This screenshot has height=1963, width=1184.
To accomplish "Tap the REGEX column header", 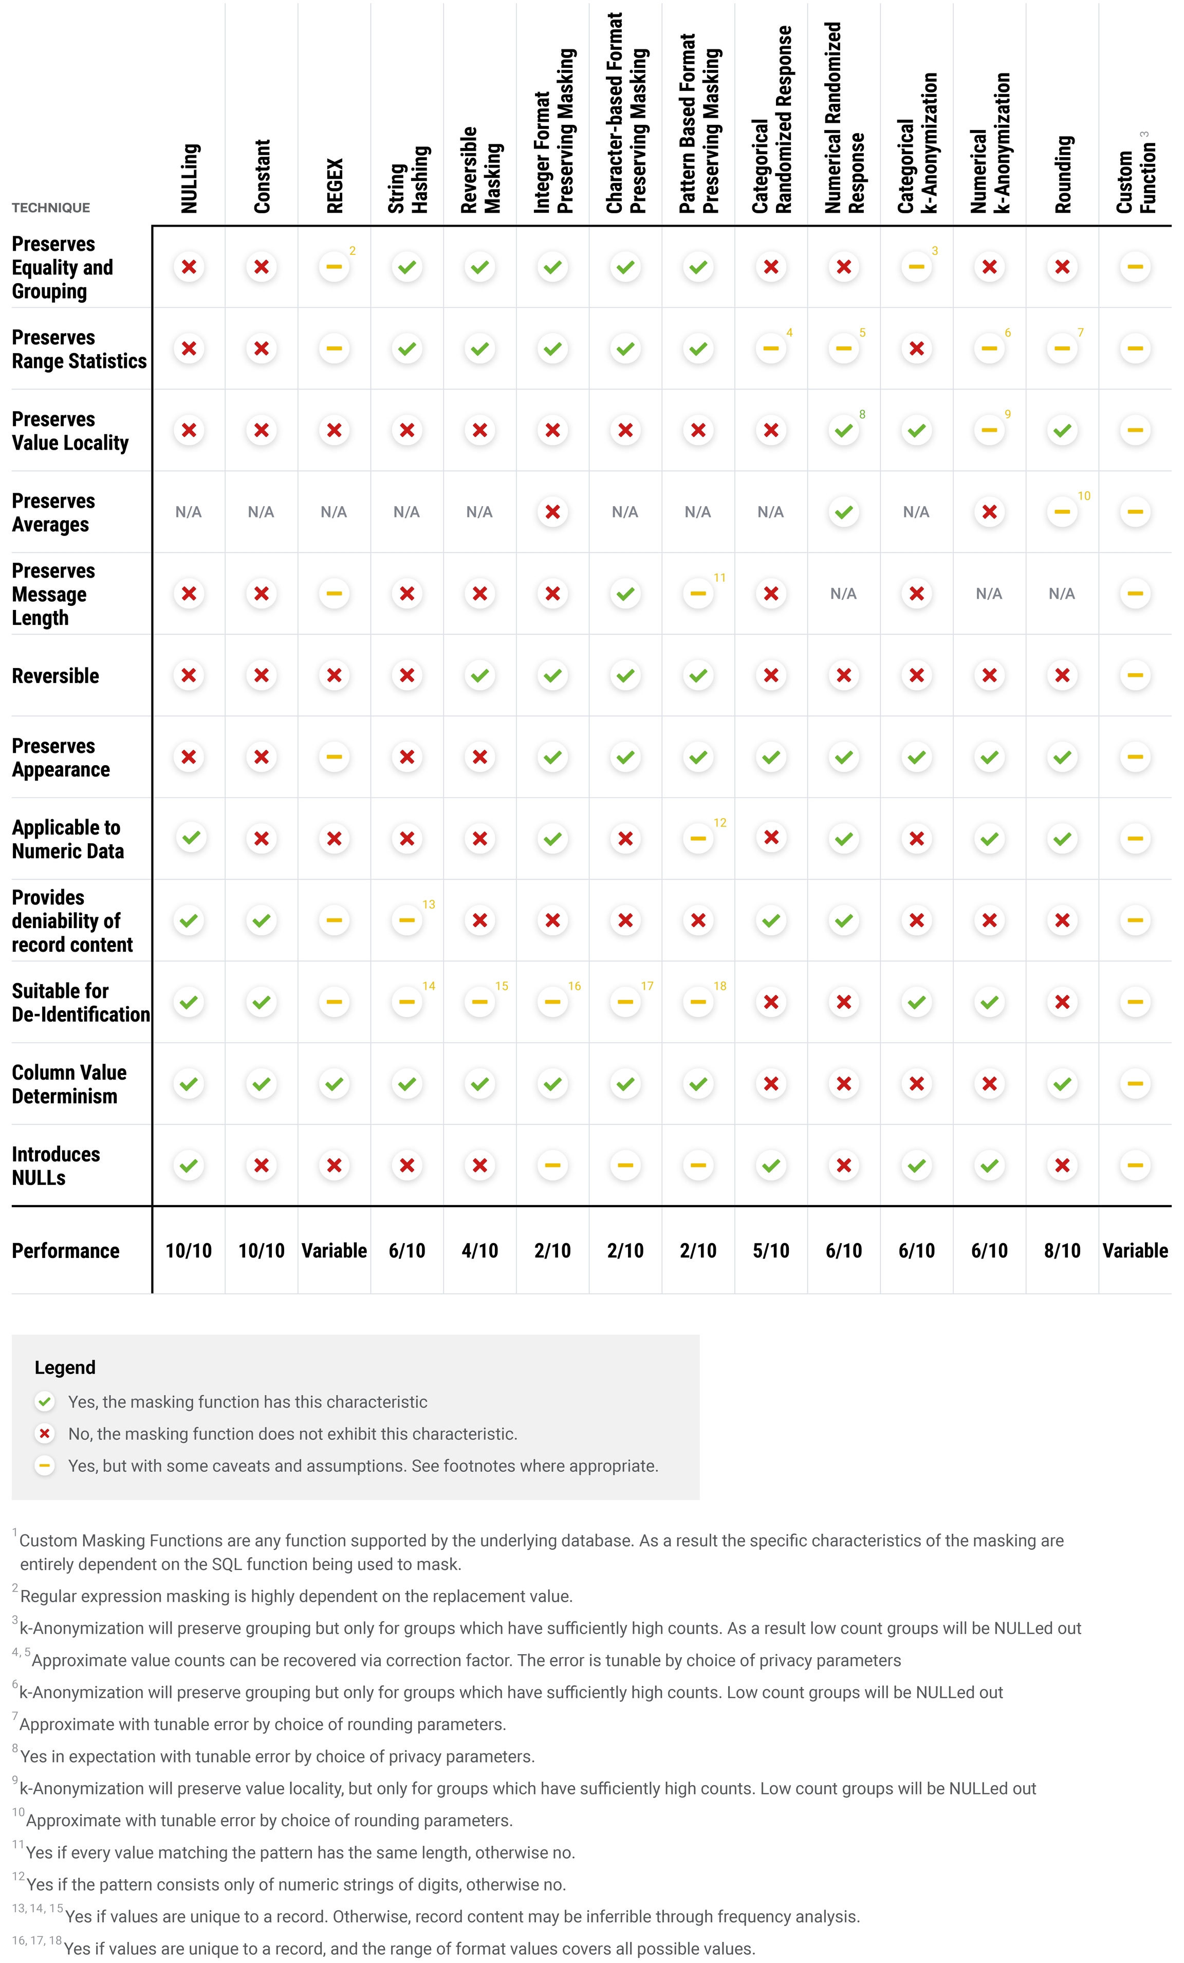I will (335, 186).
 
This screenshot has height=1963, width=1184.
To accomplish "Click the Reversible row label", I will (55, 676).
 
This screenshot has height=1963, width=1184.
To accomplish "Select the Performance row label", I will (65, 1251).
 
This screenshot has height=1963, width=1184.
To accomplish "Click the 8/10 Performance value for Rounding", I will (1062, 1251).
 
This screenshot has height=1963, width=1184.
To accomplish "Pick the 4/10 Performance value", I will (479, 1251).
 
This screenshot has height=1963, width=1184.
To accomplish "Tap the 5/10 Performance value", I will (770, 1251).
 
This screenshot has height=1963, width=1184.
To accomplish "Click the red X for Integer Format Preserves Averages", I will (552, 512).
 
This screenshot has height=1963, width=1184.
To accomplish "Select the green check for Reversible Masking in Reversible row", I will (479, 676).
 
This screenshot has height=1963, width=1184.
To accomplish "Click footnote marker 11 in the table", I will (719, 578).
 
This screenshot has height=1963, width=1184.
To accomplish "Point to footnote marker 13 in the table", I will (429, 904).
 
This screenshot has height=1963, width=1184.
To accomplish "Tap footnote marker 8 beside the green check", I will (862, 414).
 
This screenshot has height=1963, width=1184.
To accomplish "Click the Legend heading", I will (65, 1367).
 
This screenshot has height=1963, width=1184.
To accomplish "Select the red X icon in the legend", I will (45, 1433).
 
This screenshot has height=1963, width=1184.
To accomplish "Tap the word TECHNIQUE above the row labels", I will (50, 208).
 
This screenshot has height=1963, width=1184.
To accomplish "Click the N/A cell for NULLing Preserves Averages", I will (188, 512).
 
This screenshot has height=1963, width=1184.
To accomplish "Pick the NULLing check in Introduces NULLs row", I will (189, 1165).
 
